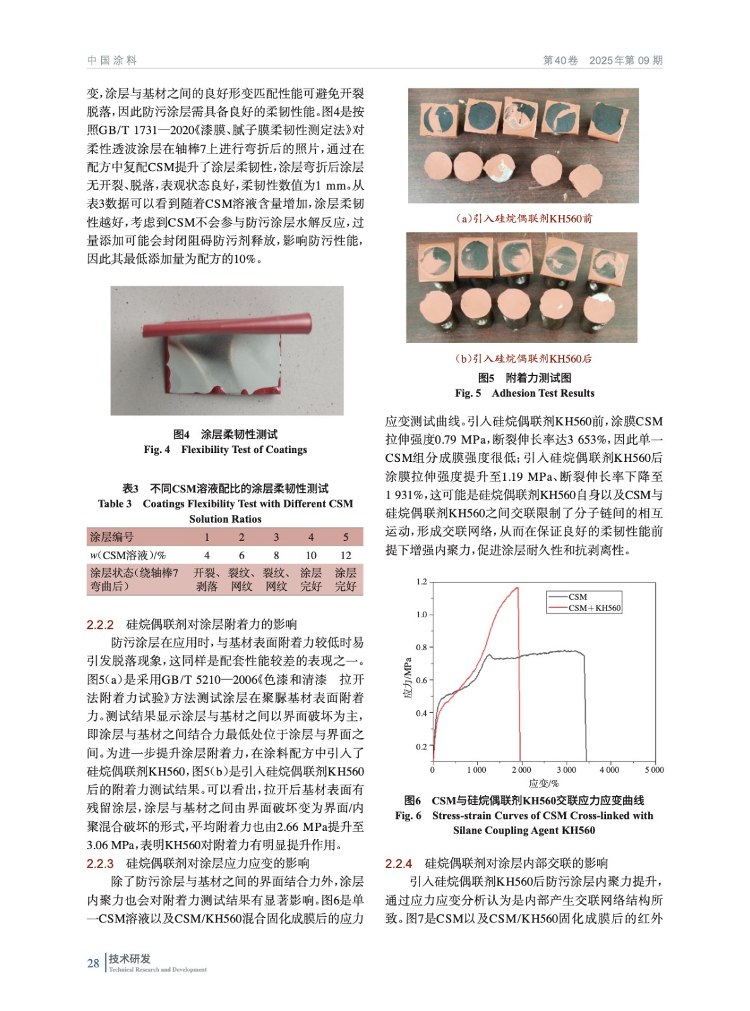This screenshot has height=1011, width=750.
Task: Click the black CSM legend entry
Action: (577, 596)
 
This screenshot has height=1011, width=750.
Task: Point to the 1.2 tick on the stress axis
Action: (421, 581)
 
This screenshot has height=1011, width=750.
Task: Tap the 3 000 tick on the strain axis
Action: (566, 770)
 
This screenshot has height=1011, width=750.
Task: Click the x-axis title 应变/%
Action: (543, 784)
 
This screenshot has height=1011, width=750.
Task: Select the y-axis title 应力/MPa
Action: (408, 678)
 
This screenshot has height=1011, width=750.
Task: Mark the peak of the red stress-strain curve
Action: (517, 588)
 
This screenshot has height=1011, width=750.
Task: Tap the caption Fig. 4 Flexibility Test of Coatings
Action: (225, 449)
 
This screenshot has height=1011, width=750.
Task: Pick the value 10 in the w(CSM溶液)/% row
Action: (311, 555)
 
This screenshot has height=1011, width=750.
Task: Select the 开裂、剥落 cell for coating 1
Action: (206, 579)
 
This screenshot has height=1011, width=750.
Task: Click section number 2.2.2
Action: (100, 625)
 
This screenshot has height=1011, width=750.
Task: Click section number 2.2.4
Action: (399, 864)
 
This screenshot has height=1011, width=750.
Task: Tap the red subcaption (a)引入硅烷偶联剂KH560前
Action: (524, 219)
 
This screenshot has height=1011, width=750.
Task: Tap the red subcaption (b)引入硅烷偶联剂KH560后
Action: (523, 358)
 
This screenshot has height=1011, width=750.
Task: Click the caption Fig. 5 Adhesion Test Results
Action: (524, 393)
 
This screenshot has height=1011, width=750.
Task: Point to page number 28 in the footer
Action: (93, 963)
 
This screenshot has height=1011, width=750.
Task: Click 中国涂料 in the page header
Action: (112, 60)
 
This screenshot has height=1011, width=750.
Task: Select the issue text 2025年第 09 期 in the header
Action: (626, 60)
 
